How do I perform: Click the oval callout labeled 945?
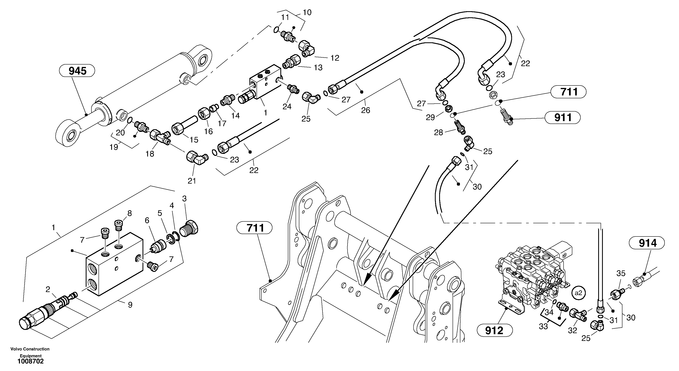pyautogui.click(x=77, y=71)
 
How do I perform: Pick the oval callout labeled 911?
pyautogui.click(x=563, y=117)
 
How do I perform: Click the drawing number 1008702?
pyautogui.click(x=31, y=361)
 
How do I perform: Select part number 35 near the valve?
pyautogui.click(x=621, y=274)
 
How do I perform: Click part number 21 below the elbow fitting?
pyautogui.click(x=192, y=181)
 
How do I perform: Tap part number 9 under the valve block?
pyautogui.click(x=130, y=305)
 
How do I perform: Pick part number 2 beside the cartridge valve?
pyautogui.click(x=48, y=290)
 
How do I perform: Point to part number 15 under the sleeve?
pyautogui.click(x=194, y=140)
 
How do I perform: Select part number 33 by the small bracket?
pyautogui.click(x=543, y=326)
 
